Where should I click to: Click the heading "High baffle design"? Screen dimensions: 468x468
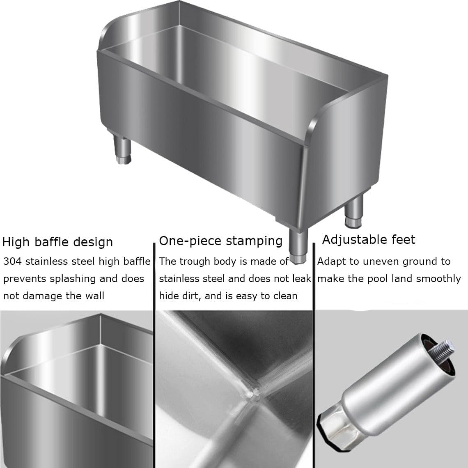57,242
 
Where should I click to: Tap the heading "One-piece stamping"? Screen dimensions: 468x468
220,241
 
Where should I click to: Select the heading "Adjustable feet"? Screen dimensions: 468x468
368,239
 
